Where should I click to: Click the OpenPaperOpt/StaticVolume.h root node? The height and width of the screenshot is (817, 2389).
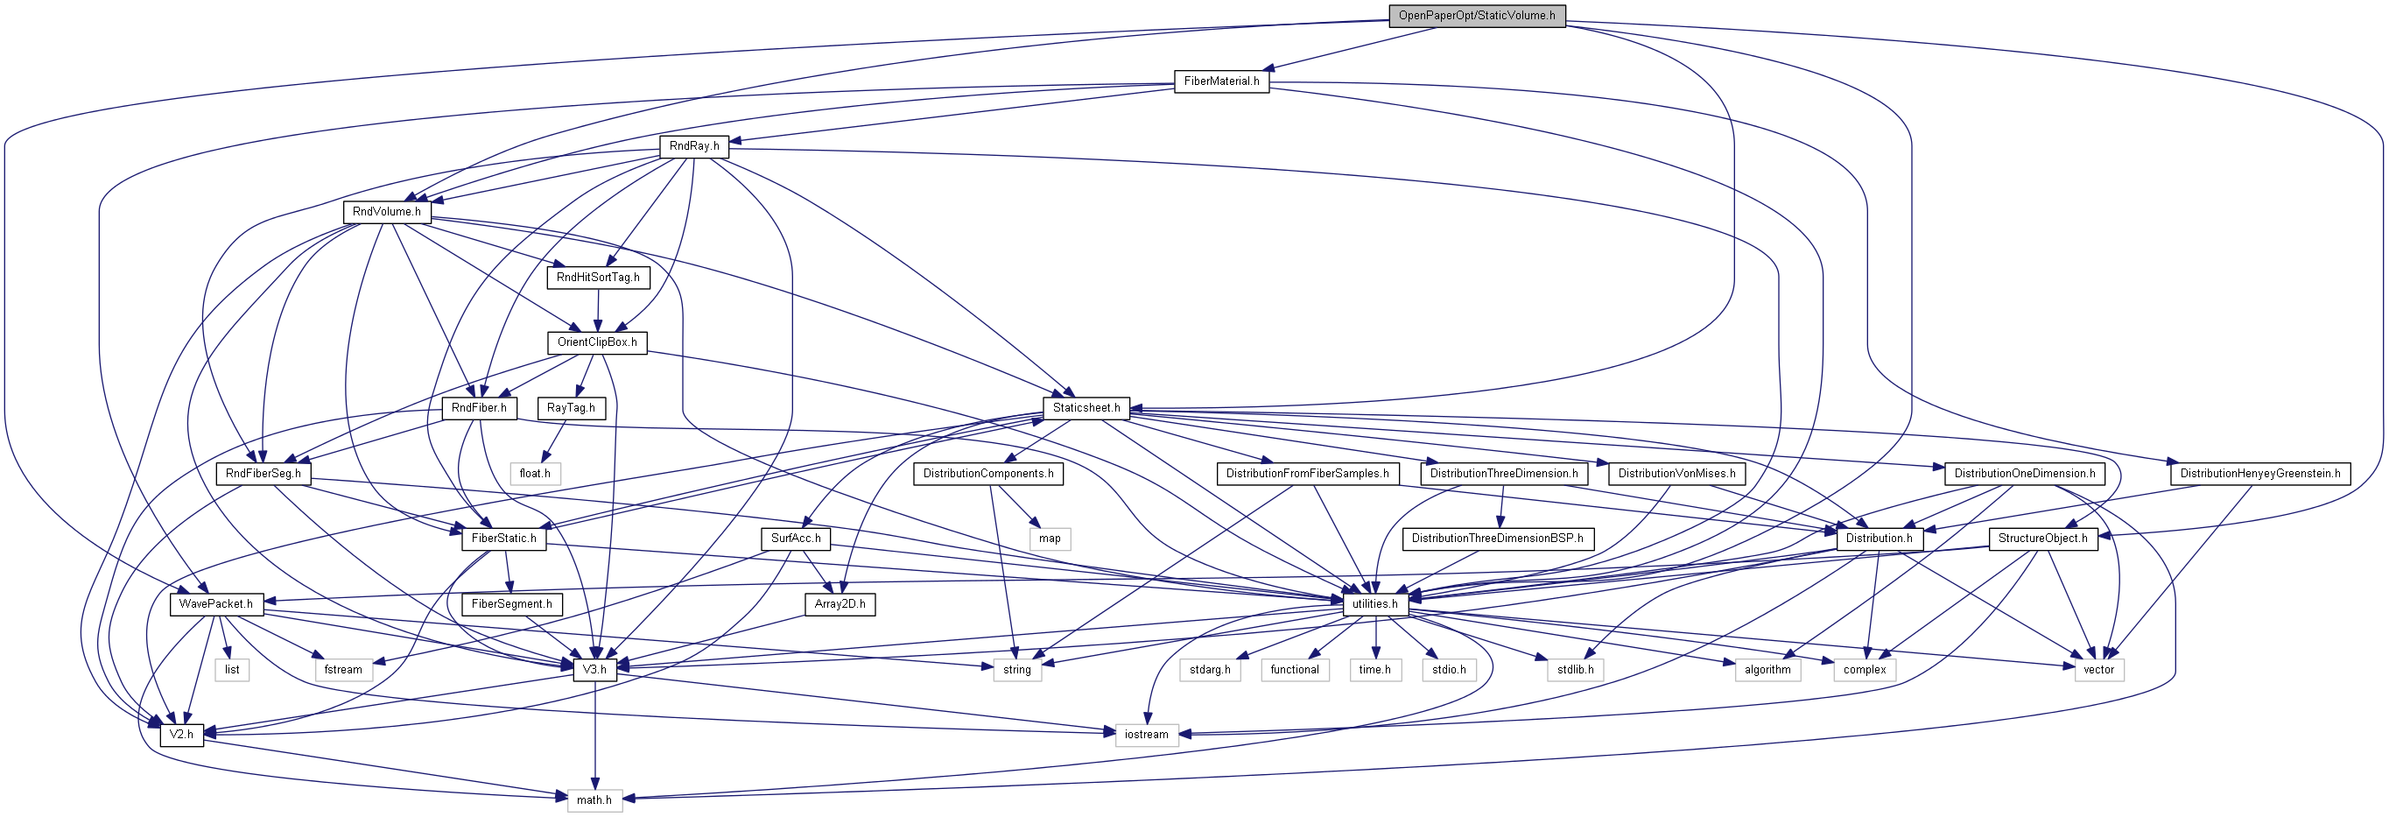click(x=1477, y=16)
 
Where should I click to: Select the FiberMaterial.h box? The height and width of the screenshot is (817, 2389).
click(x=1221, y=81)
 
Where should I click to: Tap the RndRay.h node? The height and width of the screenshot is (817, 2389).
click(x=693, y=146)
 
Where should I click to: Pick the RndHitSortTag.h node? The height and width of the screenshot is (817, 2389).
click(x=598, y=278)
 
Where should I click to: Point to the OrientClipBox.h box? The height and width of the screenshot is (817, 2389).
click(x=597, y=342)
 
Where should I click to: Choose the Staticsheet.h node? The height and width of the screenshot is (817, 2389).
click(x=1086, y=408)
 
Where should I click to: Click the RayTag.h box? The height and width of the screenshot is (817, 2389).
click(x=572, y=408)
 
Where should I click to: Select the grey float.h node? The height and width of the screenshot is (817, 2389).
click(x=535, y=474)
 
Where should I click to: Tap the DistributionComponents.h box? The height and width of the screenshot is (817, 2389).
click(x=988, y=474)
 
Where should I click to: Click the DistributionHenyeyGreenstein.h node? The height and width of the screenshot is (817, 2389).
click(x=2260, y=474)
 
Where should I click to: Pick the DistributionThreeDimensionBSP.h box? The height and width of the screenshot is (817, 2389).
click(x=1498, y=539)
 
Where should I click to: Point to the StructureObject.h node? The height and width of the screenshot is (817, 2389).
click(x=2043, y=539)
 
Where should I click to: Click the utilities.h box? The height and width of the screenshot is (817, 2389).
click(x=1374, y=604)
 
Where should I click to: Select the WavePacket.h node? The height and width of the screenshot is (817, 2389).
click(x=216, y=604)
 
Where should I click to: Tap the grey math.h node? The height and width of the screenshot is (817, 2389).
click(x=594, y=800)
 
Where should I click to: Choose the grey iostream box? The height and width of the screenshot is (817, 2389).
click(x=1146, y=735)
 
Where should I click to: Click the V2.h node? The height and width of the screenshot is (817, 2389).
click(x=182, y=735)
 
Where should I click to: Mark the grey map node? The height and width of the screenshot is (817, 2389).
click(x=1050, y=539)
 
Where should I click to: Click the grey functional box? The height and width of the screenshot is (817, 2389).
click(x=1295, y=670)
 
